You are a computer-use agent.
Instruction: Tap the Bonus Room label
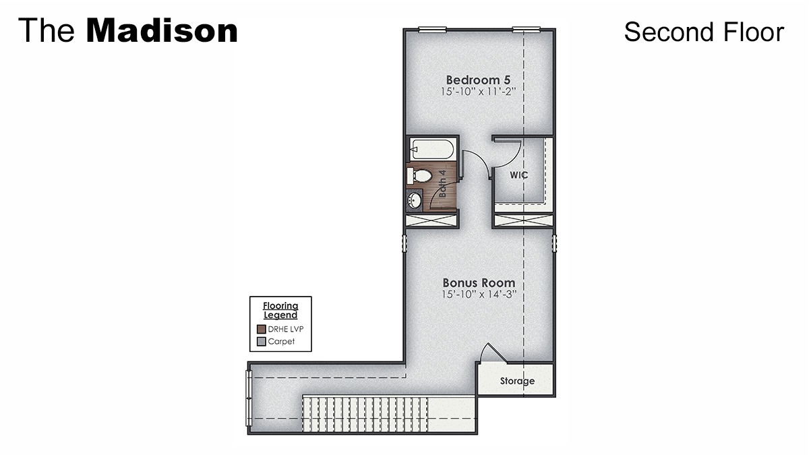click(x=479, y=283)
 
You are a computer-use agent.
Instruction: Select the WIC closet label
click(x=518, y=175)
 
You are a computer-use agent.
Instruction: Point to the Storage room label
click(x=517, y=381)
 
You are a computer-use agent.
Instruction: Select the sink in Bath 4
click(x=415, y=200)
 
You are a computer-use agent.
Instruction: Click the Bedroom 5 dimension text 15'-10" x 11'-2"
click(x=479, y=91)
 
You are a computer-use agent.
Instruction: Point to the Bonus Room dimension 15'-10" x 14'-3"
click(x=479, y=295)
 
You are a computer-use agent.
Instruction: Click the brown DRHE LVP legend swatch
click(x=261, y=330)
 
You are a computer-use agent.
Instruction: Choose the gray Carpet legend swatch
click(x=261, y=342)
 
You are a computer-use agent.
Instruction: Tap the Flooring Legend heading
click(x=280, y=311)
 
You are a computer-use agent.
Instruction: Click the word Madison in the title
click(x=162, y=31)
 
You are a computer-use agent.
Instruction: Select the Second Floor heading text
click(x=704, y=32)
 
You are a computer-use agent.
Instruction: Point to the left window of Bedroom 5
click(x=431, y=29)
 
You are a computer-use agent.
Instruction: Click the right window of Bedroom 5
click(x=526, y=29)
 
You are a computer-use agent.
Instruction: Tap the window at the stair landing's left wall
click(x=249, y=398)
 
